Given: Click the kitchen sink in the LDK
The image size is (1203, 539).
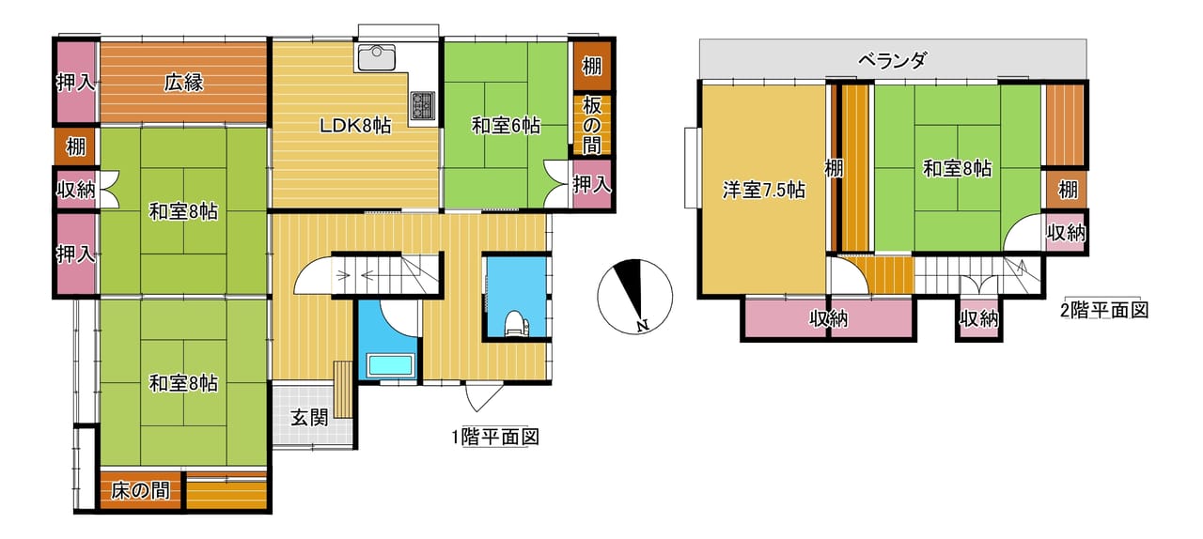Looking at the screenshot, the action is pos(377,57).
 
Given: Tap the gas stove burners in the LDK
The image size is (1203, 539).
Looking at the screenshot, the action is pos(423,105).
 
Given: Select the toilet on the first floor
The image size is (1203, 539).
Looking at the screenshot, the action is pos(516,324).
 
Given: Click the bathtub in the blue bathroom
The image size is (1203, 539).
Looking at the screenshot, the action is pos(390,365).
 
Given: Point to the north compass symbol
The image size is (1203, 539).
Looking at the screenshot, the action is pos(634,297).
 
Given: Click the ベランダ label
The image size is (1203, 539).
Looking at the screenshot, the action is pos(892,59).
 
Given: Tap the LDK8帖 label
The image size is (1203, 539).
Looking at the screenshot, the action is pos(355,126).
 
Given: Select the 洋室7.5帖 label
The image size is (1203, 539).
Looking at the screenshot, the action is pos(763,190).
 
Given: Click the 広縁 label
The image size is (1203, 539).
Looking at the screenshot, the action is pos(183,84).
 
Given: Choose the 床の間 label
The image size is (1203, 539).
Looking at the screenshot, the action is pos(140,491).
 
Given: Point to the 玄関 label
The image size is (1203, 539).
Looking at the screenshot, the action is pos(309,418).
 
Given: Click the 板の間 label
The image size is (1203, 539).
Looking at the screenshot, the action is pos(592,126).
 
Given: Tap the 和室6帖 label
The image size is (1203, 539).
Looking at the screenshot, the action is pos(506,126).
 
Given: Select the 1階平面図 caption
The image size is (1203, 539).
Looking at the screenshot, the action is pos(495,437).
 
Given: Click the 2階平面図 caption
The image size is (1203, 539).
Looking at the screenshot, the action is pos(1104,310).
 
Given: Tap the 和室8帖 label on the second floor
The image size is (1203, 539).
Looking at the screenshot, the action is pos(957,169).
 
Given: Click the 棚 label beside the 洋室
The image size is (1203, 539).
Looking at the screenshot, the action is pos(834,169).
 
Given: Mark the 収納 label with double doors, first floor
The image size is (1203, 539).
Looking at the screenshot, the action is pos(76,190).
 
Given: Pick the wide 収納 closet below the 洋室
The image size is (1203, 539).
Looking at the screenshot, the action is pos(828,319).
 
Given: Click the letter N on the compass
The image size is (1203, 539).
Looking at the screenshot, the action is pos(642,325).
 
